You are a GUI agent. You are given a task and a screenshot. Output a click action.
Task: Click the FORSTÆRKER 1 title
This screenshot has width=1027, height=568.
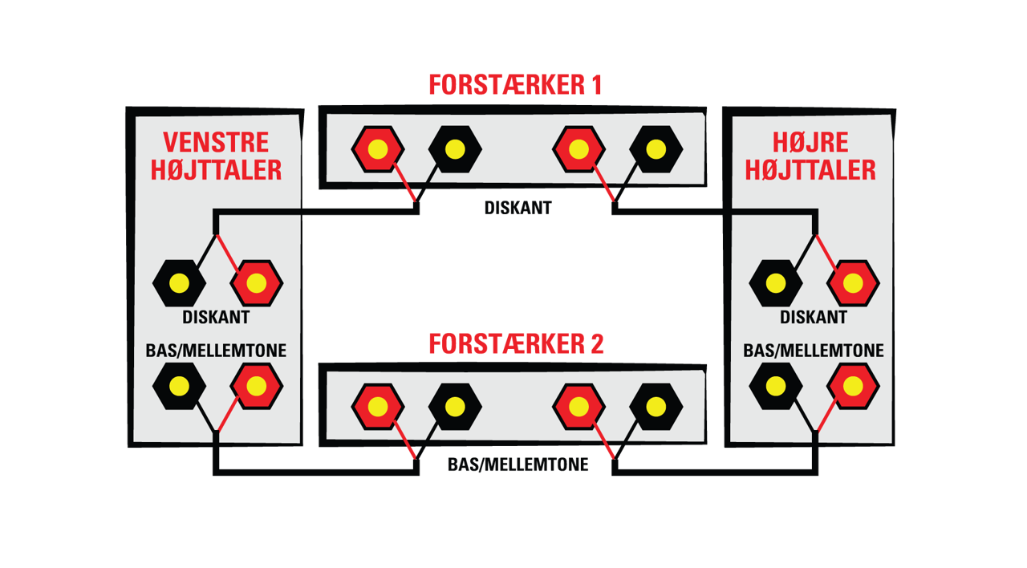(515, 85)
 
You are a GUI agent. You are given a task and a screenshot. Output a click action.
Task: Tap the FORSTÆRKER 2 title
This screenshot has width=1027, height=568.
(516, 344)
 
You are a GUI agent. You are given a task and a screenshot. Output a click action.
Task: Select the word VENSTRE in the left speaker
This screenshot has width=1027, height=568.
(216, 142)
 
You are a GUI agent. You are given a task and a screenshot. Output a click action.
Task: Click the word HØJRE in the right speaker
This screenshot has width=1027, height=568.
(810, 142)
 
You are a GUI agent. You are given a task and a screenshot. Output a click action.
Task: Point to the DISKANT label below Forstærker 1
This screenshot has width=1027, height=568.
(518, 208)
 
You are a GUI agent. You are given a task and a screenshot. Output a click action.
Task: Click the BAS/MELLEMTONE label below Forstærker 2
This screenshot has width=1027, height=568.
(518, 465)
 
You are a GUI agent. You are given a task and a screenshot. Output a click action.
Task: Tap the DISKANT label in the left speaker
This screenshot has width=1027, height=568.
(216, 317)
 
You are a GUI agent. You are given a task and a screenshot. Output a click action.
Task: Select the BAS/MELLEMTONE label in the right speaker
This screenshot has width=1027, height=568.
(814, 351)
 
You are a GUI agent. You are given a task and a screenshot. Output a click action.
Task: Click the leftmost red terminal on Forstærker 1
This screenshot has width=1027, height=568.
(378, 149)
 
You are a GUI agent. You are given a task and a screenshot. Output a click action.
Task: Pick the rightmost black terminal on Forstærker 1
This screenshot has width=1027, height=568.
(656, 149)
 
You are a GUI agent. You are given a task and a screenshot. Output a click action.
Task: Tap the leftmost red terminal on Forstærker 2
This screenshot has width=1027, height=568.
(378, 407)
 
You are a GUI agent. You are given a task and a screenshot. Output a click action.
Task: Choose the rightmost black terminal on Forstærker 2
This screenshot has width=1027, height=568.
(656, 407)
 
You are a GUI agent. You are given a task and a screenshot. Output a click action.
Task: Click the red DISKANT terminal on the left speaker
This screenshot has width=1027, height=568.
(256, 283)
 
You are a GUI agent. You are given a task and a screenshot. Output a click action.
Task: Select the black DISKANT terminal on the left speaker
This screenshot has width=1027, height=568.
(179, 283)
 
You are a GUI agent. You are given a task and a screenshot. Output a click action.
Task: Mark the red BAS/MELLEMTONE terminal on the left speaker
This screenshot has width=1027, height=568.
(256, 387)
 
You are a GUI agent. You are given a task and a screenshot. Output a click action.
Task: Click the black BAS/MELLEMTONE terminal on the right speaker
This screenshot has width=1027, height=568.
(776, 387)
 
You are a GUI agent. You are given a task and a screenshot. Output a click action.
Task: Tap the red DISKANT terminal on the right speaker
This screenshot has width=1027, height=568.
(853, 283)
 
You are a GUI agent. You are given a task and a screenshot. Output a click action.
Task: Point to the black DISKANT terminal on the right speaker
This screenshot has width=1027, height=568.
(776, 283)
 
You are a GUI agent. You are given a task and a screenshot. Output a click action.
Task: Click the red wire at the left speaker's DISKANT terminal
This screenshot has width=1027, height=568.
(227, 254)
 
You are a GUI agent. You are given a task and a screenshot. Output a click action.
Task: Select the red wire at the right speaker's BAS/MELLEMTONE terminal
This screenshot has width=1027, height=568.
(826, 416)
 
